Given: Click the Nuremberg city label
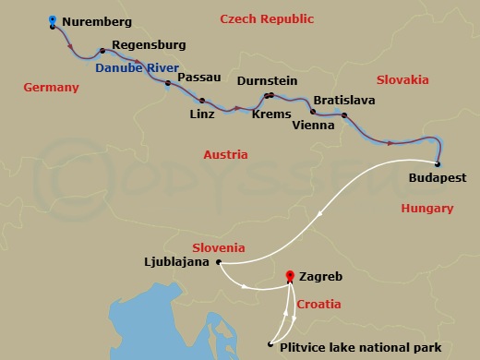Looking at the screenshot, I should (97, 21).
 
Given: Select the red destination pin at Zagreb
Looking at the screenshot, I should (290, 276).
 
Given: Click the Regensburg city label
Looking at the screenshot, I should (149, 44).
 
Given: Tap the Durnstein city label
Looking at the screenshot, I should (269, 81).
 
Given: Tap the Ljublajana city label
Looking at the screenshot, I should (178, 262).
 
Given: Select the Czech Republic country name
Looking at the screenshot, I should (268, 18).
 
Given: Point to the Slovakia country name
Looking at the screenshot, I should (402, 80).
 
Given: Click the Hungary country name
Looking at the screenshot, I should (427, 209).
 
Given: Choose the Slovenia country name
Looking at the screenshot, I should (219, 247).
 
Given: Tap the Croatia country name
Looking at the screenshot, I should (318, 304).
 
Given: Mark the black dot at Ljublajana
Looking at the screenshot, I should (218, 262).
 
